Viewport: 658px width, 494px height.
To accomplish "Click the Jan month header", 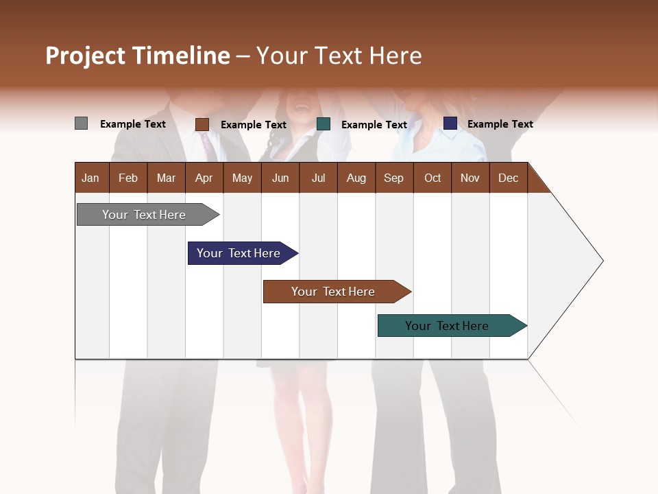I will click(90, 178).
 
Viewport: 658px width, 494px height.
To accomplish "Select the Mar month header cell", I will click(166, 178).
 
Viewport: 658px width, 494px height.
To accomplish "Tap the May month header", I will click(242, 178).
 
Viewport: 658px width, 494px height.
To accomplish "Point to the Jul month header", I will click(318, 178).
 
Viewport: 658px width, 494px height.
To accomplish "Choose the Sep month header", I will click(393, 178).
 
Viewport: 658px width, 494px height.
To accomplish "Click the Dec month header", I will click(508, 178).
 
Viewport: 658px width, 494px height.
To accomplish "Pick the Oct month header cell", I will click(432, 178).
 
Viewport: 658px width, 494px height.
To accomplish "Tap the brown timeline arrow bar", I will click(334, 292).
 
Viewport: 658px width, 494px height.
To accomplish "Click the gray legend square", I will click(81, 123).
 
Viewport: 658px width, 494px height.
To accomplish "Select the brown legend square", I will click(202, 124).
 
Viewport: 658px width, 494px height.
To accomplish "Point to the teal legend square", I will click(324, 124).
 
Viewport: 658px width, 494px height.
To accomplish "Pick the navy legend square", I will click(450, 123).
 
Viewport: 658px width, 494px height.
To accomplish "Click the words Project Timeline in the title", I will click(137, 56).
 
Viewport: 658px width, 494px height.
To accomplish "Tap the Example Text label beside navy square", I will click(500, 124).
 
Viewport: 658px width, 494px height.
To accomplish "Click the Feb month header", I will click(128, 178).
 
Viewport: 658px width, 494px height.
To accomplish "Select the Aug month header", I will click(356, 178).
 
